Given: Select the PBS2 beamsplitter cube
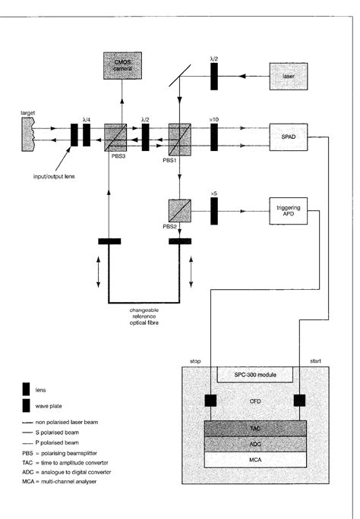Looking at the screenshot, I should [179, 209].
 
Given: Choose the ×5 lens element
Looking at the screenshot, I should [213, 209].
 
